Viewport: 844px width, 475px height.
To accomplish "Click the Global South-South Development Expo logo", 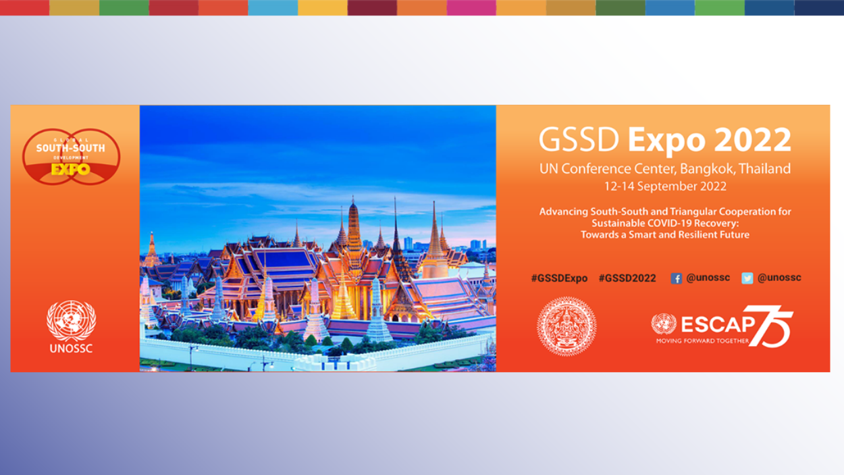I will [71, 157].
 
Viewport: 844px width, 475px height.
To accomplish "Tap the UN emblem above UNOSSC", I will [71, 320].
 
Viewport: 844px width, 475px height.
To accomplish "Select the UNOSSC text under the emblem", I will [71, 349].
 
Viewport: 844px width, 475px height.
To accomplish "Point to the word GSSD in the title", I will [579, 140].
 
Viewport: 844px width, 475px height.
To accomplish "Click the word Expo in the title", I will [666, 140].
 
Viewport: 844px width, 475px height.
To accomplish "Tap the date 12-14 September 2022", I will [665, 186].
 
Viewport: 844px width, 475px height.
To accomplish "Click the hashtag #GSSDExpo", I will [559, 278].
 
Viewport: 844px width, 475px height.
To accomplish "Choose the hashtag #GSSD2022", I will [627, 278].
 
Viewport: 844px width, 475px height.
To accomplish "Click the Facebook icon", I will [676, 278].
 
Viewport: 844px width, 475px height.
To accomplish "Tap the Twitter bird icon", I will [747, 278].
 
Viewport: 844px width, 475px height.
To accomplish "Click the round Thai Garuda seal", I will [566, 326].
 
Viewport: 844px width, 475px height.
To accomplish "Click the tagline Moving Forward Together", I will [702, 341].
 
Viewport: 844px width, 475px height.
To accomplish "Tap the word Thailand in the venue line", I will [764, 169].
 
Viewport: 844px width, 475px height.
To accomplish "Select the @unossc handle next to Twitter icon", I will [779, 278].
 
